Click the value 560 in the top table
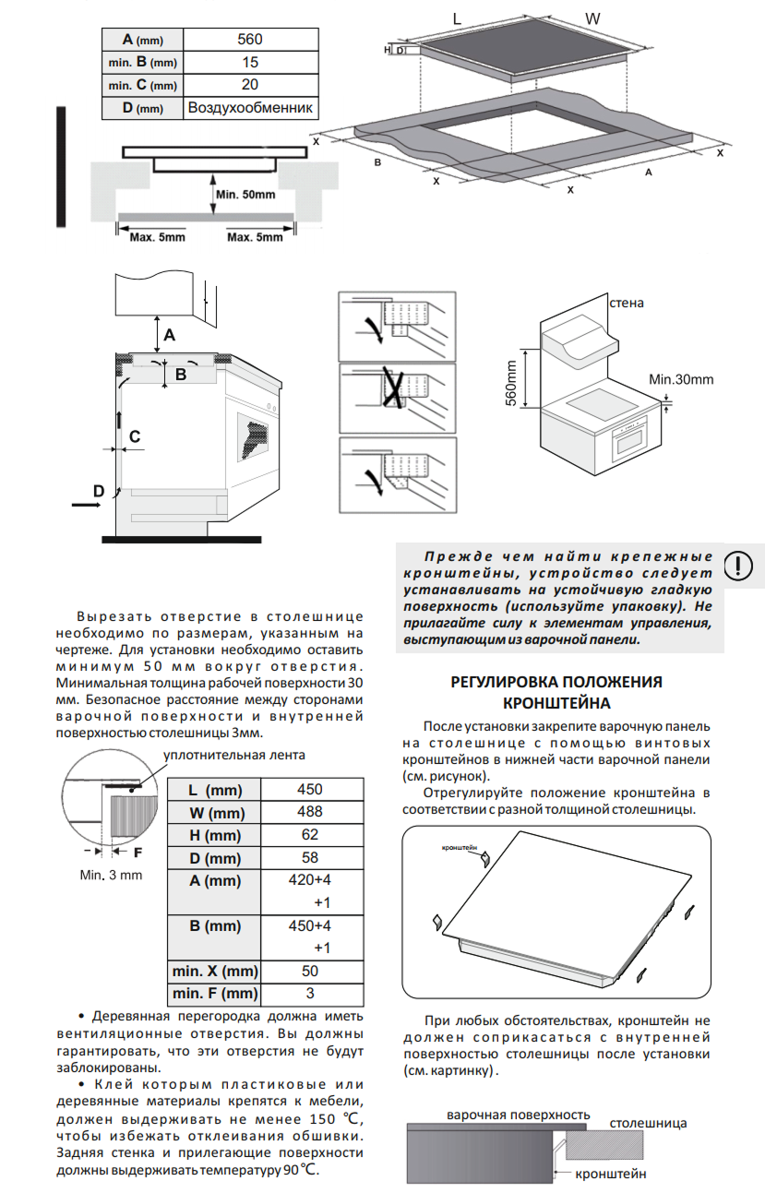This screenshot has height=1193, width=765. click(250, 39)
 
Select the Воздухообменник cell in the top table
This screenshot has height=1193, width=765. click(251, 108)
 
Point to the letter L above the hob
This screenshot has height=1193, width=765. click(457, 18)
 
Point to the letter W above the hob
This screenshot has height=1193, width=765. click(593, 18)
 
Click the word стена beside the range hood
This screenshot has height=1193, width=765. click(626, 303)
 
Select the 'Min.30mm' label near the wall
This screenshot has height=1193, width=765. click(681, 379)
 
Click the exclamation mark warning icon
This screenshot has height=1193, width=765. click(738, 565)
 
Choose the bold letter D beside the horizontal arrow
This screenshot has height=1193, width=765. click(98, 493)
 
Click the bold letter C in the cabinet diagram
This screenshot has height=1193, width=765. click(135, 436)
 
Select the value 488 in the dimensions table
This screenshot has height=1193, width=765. click(310, 812)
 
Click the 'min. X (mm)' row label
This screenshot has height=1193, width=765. click(214, 972)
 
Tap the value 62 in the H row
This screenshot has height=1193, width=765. click(310, 835)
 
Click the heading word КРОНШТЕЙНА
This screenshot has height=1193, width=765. click(556, 704)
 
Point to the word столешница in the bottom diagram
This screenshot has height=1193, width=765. click(647, 1124)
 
